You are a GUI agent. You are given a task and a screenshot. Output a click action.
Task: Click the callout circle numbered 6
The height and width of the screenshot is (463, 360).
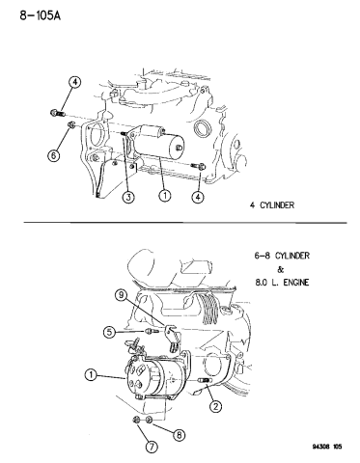[x=54, y=154]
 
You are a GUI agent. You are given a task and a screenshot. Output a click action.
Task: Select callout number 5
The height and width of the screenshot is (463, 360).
[x=111, y=333]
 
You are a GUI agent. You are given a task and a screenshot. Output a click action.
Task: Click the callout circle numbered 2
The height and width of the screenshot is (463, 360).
[x=216, y=406]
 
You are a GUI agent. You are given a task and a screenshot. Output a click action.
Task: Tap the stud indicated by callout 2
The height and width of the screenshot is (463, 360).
[x=204, y=385]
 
